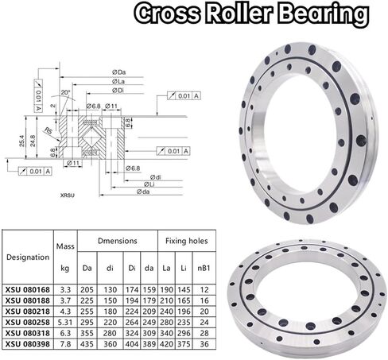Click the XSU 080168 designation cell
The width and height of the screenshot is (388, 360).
coord(28,289)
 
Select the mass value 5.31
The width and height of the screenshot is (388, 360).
coord(65,322)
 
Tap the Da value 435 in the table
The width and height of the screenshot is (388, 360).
coord(87,344)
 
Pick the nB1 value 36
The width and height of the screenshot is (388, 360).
coord(204,344)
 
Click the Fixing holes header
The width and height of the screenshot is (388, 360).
coord(187,241)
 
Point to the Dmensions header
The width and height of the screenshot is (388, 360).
coord(118,241)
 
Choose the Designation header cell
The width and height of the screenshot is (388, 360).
coord(28,257)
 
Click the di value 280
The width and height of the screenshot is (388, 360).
coord(110,333)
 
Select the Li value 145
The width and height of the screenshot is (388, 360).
coord(184,289)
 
